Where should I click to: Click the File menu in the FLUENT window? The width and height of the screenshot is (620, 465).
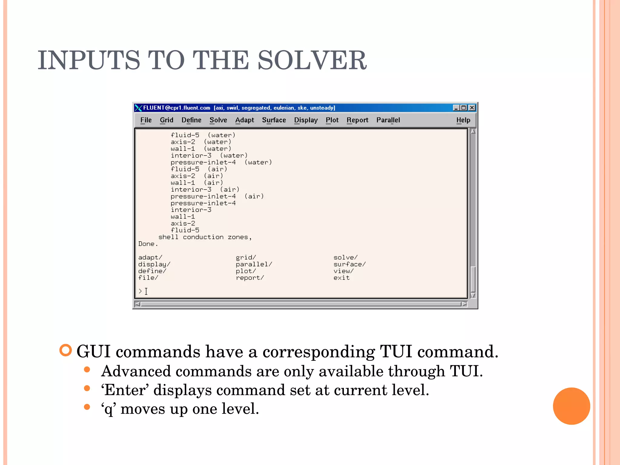146,120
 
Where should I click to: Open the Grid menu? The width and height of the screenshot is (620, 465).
167,120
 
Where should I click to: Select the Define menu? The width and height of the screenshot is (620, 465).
191,120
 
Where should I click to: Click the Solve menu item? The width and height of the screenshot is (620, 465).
218,120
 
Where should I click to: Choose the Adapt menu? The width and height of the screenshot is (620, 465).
245,120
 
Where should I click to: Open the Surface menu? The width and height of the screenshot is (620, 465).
274,120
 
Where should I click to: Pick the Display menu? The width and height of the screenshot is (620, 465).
306,120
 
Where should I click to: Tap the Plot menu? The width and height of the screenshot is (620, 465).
332,120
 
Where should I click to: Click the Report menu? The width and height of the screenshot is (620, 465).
358,120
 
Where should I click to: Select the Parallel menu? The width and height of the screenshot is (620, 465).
388,120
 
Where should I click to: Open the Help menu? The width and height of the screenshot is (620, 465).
463,120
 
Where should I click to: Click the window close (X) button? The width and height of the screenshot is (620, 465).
472,108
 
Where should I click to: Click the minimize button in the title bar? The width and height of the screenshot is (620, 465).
456,108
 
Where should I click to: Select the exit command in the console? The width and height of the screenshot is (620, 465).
341,278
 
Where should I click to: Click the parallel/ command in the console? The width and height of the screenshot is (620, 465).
254,264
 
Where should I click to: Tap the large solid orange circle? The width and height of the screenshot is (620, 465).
571,406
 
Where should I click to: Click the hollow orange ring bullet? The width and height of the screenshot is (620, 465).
66,350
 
